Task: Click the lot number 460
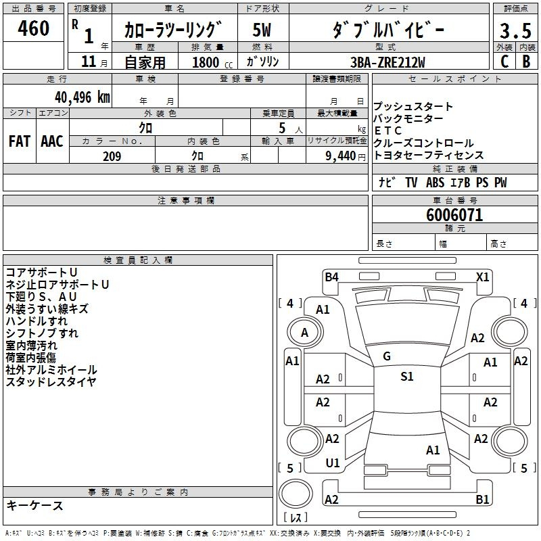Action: coord(34,29)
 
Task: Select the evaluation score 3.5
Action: coord(515,31)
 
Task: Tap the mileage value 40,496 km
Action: coord(83,97)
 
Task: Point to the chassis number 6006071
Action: coord(454,215)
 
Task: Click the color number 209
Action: coord(112,156)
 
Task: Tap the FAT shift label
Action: coord(19,141)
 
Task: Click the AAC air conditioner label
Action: coord(51,141)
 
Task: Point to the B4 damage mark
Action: coord(331,277)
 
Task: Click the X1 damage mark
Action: coord(482,277)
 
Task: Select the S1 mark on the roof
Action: coord(406,377)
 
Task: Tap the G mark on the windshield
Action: coord(387,356)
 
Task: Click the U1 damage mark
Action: coord(333,463)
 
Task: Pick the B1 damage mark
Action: coord(482,500)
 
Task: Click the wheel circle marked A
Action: coord(304,332)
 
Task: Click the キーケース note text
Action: coord(34,506)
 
